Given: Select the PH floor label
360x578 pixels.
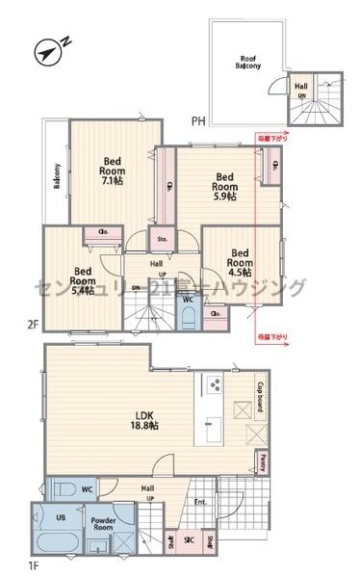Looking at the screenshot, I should point(197,120).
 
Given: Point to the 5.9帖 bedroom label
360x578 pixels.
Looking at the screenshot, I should point(224,184).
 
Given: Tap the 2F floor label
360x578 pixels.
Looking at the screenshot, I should point(33,327).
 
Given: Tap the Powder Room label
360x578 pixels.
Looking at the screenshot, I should point(104,524).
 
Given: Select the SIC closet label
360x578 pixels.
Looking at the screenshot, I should point(188,541).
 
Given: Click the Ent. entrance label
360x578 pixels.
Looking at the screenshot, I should point(200,501).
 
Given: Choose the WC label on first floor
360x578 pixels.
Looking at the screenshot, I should point(86,488).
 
